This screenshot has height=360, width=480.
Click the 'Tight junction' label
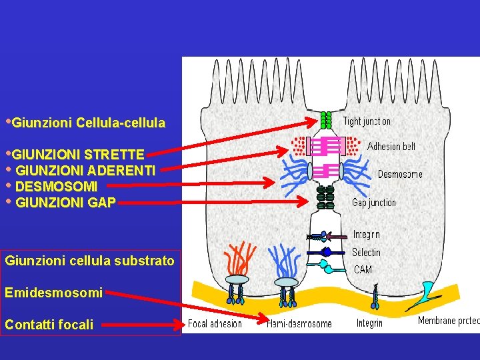coord(367,121)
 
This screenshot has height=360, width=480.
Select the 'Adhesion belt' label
coord(391,146)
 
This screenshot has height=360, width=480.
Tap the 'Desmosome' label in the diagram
coord(400,175)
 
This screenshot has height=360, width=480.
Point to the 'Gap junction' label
coord(373,203)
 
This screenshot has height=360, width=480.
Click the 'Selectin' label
coord(366,252)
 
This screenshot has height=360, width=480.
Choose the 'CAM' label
coord(363,269)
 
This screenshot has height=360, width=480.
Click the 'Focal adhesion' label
coord(215,324)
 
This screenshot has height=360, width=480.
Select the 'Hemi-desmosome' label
coord(299,324)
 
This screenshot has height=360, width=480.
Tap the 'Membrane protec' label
coord(448,321)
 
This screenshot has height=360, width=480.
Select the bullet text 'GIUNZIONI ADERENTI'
coord(85,170)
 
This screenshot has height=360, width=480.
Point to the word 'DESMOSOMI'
coord(56,186)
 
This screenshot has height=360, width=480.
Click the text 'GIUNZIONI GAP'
coord(65,202)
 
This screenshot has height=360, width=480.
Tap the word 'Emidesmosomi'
coord(53,293)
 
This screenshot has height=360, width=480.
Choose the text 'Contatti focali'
coord(49,325)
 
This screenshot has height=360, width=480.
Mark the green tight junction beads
coord(326,120)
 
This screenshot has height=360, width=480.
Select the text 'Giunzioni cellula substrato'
coord(89,261)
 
